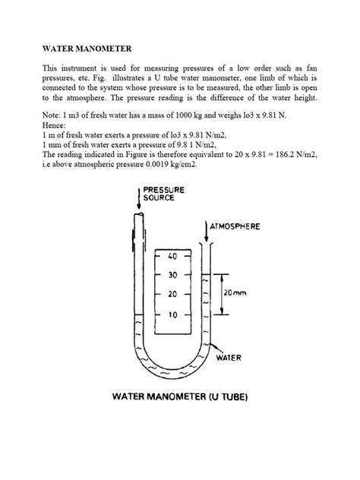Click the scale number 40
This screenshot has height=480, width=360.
(x=172, y=255)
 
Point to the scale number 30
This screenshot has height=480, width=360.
(x=172, y=275)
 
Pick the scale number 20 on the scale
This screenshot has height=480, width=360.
(x=172, y=294)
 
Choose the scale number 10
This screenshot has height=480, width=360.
(x=172, y=314)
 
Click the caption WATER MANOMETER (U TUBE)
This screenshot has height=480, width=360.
(x=179, y=396)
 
